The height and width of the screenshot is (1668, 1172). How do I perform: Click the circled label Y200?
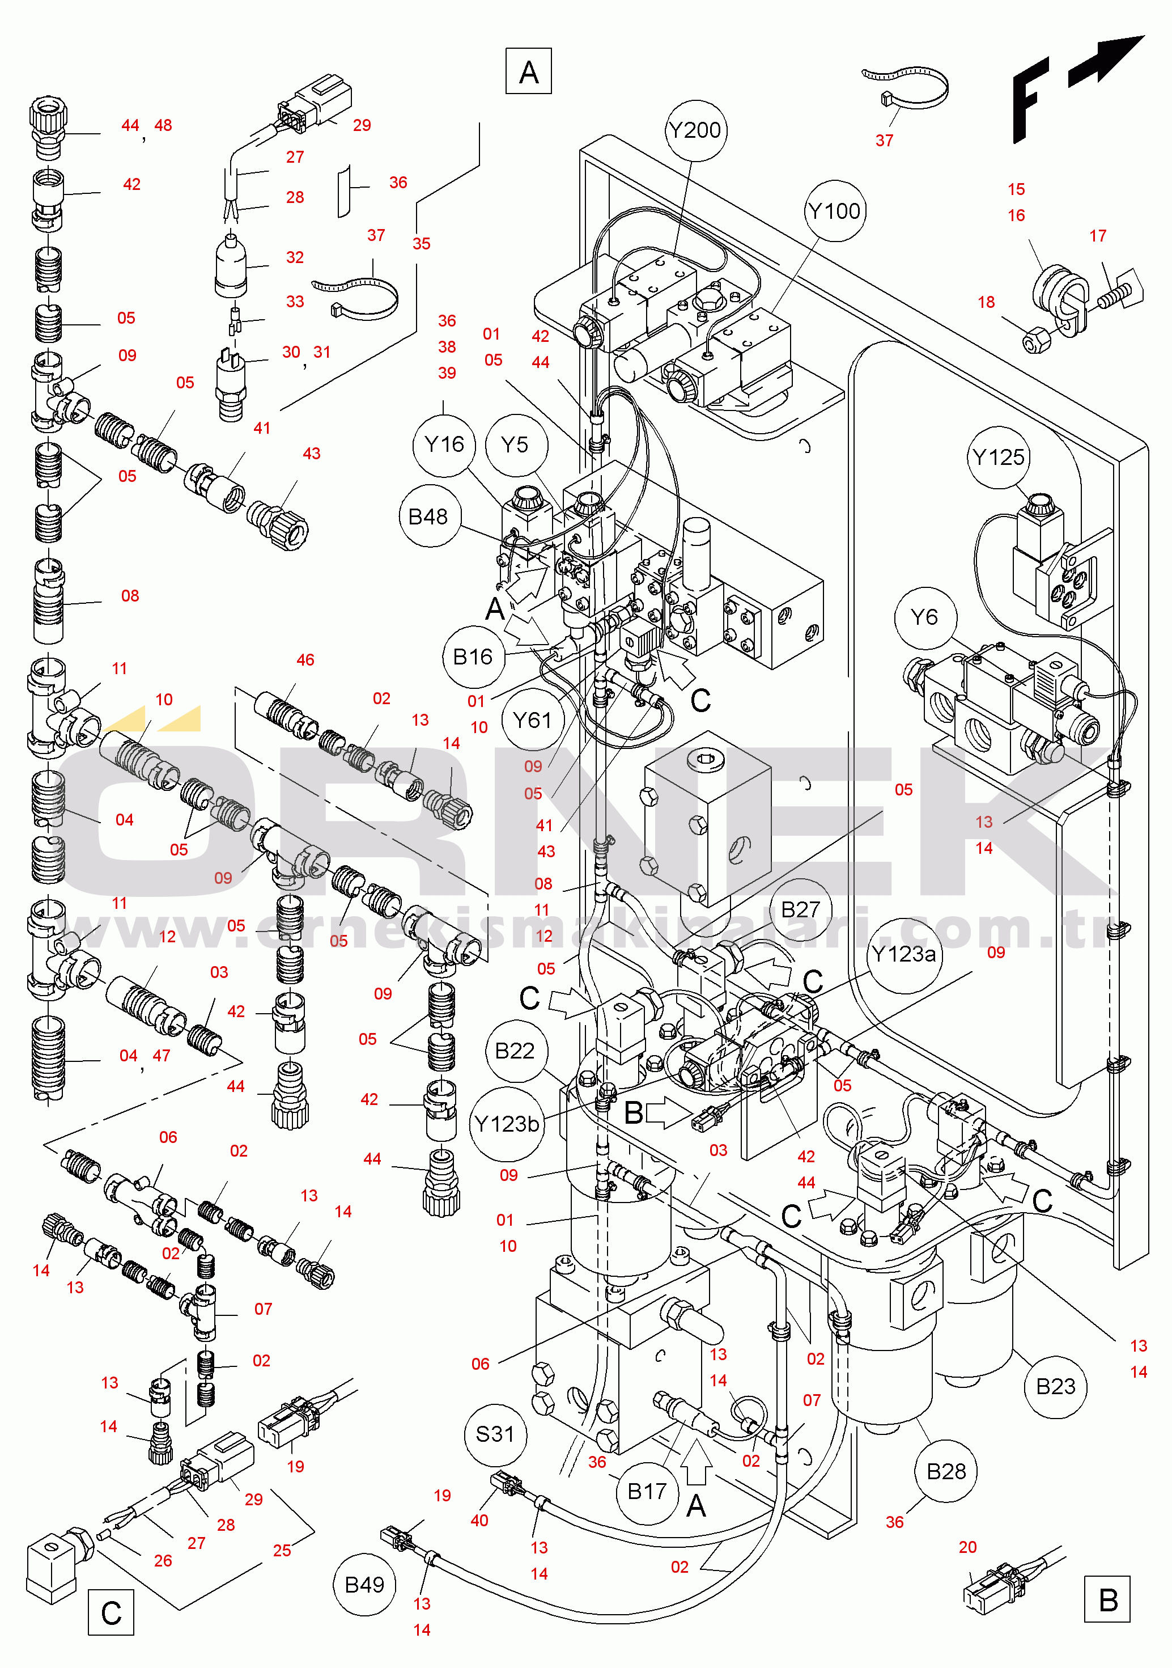[x=695, y=131]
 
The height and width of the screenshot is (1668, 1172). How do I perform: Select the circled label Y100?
[x=834, y=211]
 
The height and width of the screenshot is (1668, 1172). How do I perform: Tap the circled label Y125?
[x=999, y=458]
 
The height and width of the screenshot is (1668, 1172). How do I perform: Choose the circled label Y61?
[x=532, y=720]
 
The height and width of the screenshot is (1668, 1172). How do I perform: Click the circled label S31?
[x=495, y=1434]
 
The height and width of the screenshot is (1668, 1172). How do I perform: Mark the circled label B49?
[x=364, y=1585]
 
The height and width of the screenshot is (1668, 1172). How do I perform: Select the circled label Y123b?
[x=507, y=1124]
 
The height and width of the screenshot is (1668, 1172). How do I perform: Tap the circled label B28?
[x=946, y=1471]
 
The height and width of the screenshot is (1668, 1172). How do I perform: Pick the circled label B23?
[x=1056, y=1387]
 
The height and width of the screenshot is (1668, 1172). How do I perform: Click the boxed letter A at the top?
[x=529, y=71]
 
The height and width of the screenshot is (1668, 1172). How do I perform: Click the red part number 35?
[x=421, y=244]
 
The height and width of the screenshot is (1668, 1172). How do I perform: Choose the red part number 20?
[x=967, y=1547]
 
